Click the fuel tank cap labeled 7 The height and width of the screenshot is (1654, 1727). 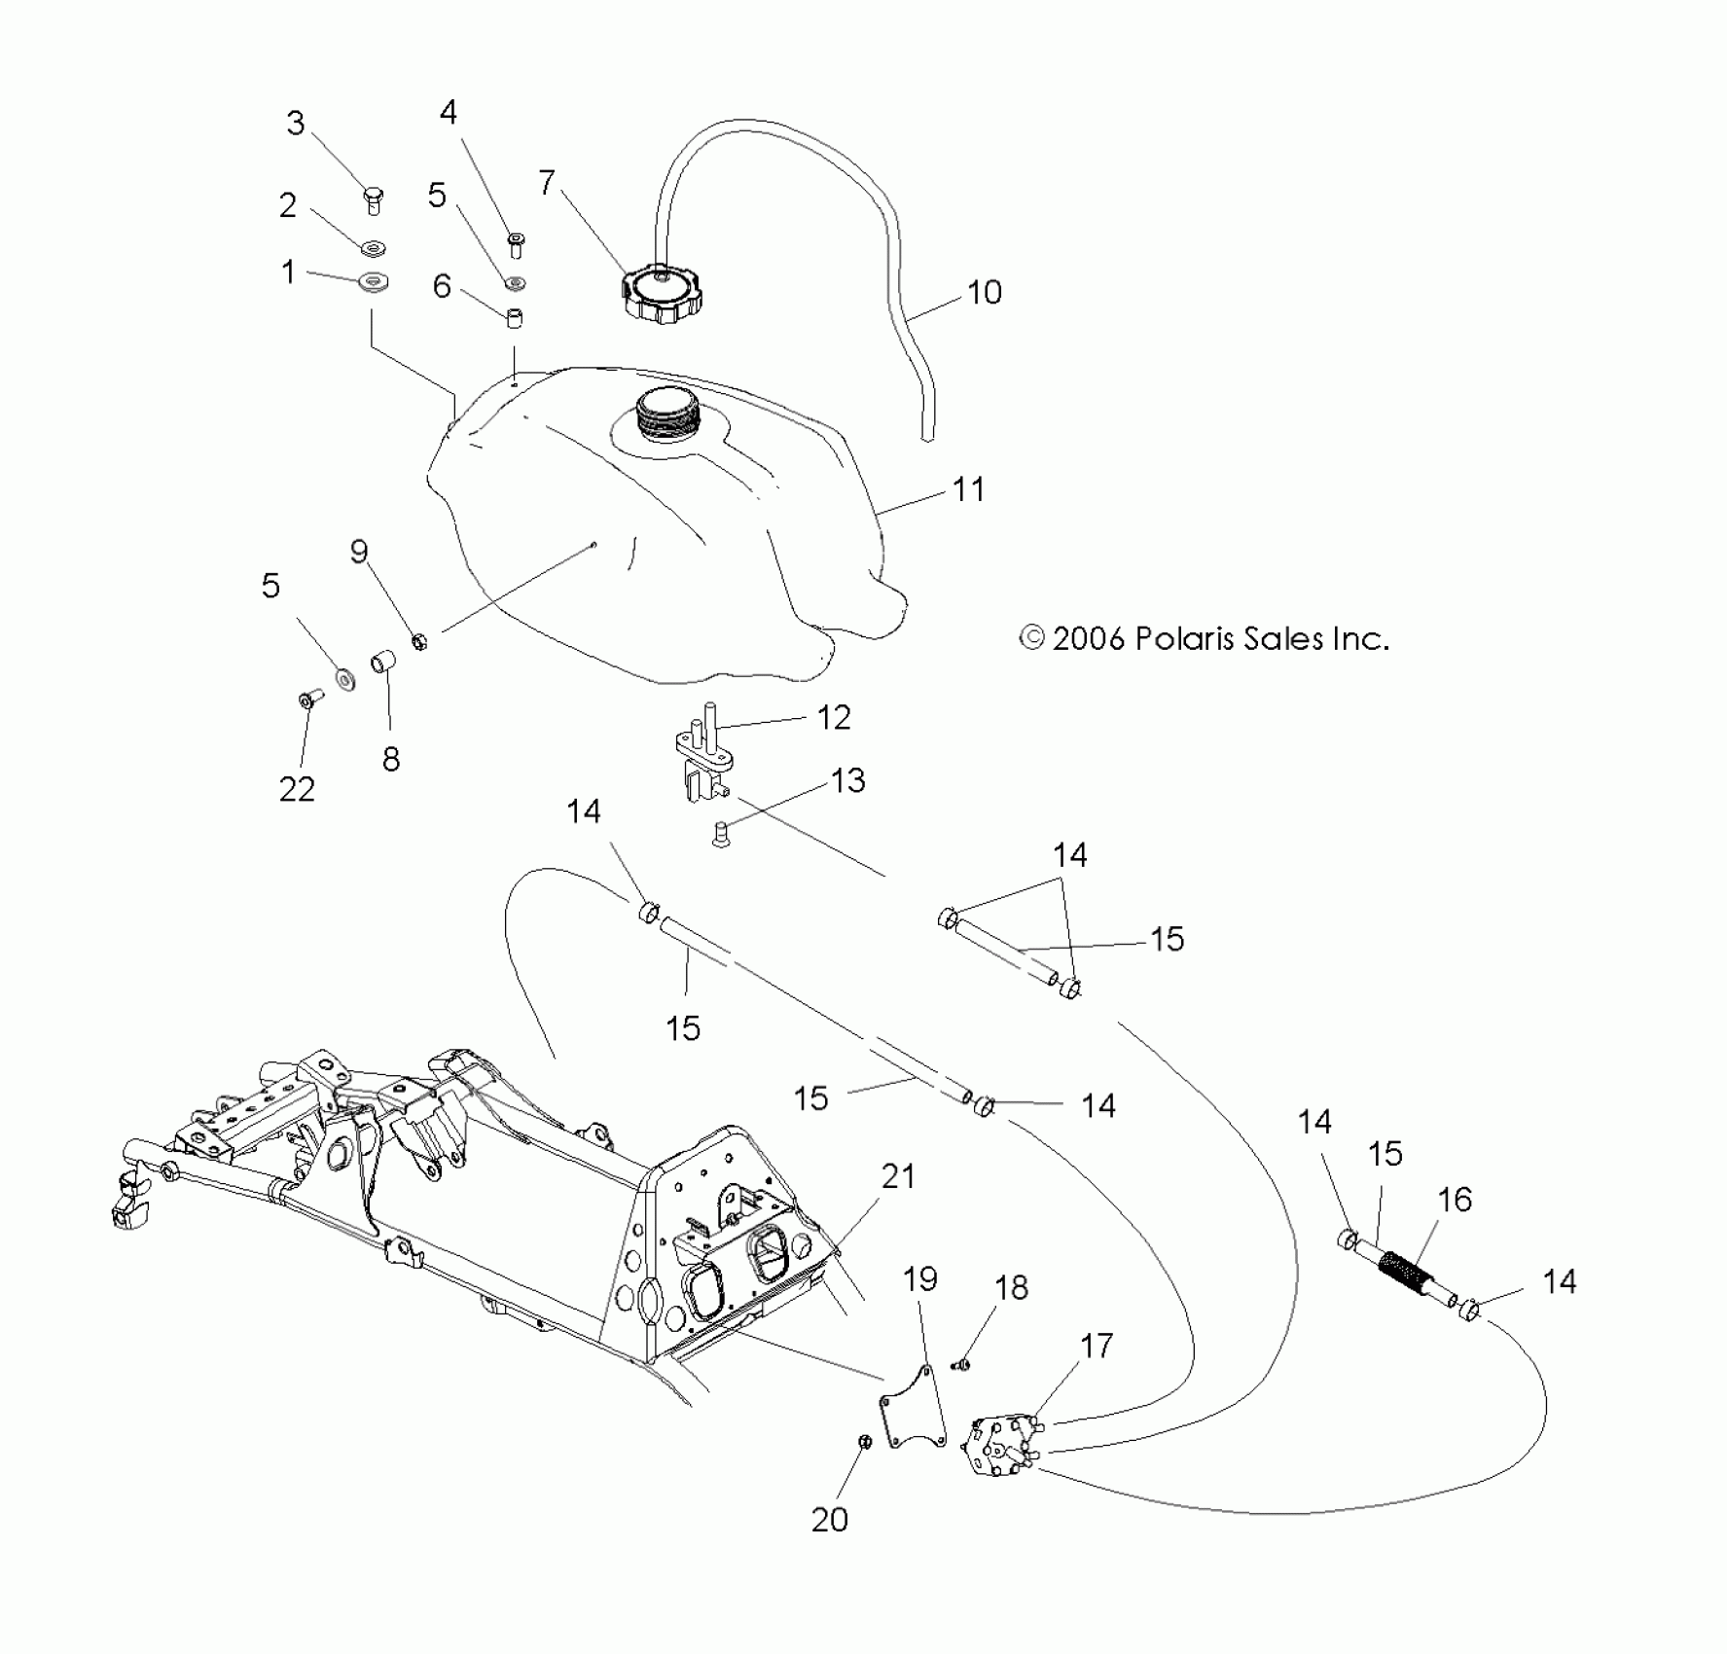pos(659,293)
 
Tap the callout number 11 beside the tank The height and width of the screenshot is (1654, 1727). pos(968,488)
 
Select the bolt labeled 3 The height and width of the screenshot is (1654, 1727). pos(374,198)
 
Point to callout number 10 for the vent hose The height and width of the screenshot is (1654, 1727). pos(985,292)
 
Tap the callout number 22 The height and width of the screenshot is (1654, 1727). pos(297,788)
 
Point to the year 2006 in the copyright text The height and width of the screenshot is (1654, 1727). pos(1089,638)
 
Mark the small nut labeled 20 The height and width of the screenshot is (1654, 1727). pos(863,1442)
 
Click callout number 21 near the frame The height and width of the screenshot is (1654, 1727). pos(898,1176)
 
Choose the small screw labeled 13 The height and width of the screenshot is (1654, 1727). pos(721,832)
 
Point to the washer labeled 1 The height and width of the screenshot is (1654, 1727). pos(373,283)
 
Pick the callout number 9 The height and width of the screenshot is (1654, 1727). pos(359,552)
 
